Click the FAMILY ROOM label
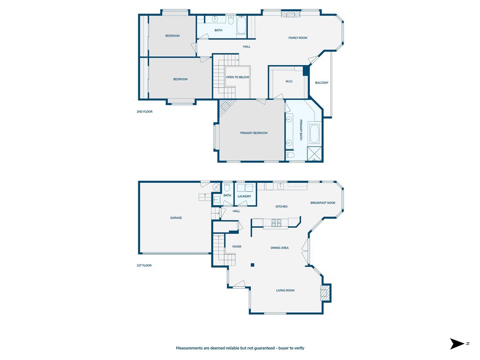(298, 38)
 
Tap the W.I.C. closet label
(289, 82)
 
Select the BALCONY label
(322, 83)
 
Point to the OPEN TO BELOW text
(238, 77)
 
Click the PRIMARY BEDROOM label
(254, 133)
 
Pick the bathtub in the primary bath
(314, 134)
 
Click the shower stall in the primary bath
(314, 154)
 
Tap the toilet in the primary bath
(290, 155)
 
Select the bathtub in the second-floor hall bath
(241, 26)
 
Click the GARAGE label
(176, 218)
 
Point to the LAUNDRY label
(244, 196)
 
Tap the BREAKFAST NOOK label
(322, 203)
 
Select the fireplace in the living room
(324, 293)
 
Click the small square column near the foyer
(252, 265)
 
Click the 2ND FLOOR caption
(144, 112)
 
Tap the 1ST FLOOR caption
(144, 265)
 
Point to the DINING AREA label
(279, 247)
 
